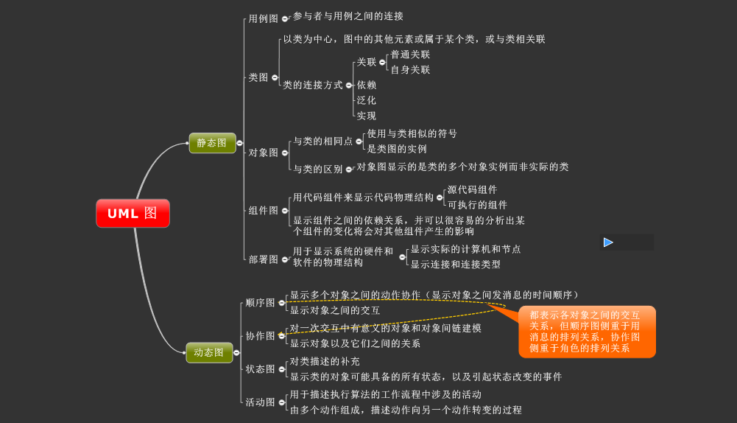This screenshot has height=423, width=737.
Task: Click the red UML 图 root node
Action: tap(133, 214)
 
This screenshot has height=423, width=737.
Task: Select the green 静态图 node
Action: tap(212, 143)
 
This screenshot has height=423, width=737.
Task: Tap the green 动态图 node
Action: tap(209, 353)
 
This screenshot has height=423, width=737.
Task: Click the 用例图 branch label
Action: tap(263, 18)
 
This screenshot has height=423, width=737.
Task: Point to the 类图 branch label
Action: tap(258, 77)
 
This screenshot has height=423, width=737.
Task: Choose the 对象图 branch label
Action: tap(263, 153)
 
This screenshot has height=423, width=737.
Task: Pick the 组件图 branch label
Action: tap(263, 210)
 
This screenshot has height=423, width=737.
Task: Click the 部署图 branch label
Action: tap(263, 259)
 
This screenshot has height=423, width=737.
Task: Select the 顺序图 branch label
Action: tap(260, 303)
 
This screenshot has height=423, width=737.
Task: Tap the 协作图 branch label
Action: tap(260, 336)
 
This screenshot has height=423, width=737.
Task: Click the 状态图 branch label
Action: tap(260, 369)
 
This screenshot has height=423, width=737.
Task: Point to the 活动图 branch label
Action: tap(260, 402)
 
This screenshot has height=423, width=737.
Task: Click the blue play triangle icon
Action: tap(608, 242)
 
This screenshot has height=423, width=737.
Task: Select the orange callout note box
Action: tap(586, 332)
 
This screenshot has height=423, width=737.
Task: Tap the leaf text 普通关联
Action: tap(410, 55)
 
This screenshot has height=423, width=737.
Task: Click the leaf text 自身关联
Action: tap(410, 70)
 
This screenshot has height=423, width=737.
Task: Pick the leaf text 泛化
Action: tap(366, 100)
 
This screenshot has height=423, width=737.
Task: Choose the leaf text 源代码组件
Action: tap(472, 189)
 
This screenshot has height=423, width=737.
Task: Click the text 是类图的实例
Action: tap(397, 149)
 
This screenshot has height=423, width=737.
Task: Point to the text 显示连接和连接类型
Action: tap(455, 265)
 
